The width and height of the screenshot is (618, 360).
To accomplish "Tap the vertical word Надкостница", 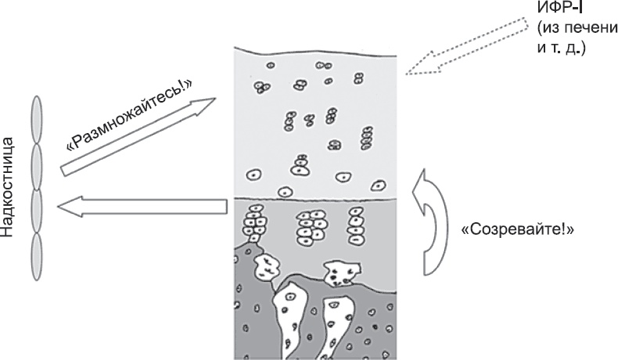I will pyautogui.click(x=9, y=185).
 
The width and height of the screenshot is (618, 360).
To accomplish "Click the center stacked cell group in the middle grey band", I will pyautogui.click(x=311, y=227).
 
